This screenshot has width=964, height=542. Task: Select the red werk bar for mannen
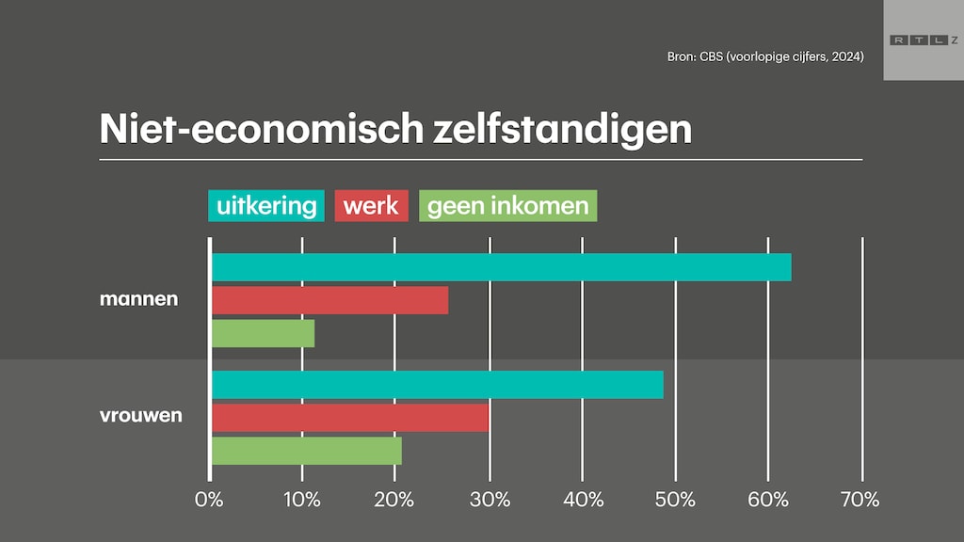coord(329,300)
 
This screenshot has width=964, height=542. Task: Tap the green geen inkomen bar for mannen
coord(263,333)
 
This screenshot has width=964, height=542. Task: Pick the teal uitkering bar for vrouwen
coord(437,384)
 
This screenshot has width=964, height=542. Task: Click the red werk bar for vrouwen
coord(349,417)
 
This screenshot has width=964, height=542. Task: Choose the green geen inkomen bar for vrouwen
coord(306,450)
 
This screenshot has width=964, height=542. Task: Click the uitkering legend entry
coord(266,205)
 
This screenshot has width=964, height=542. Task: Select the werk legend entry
coord(371,205)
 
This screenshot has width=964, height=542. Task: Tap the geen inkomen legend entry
coord(507,205)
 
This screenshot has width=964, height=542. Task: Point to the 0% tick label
coord(209,499)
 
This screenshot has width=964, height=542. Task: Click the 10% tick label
coord(301,499)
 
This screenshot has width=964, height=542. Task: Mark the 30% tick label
coord(489,499)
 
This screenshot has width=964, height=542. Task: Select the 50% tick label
coord(675,499)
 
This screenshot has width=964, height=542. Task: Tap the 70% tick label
coord(859,499)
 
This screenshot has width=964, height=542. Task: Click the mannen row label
coord(138,300)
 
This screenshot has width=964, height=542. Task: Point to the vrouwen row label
coord(140,415)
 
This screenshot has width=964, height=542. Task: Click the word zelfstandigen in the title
coord(561,129)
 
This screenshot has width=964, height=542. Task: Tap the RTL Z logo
coord(923,40)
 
